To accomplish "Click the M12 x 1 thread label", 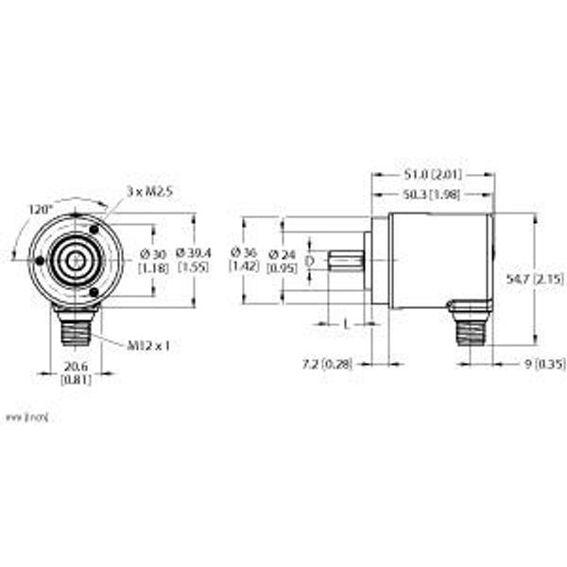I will tap(147, 345).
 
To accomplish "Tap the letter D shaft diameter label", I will tap(310, 261).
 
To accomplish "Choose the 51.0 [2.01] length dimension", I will tap(432, 175).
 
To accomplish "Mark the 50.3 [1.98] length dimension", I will tap(432, 195).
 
